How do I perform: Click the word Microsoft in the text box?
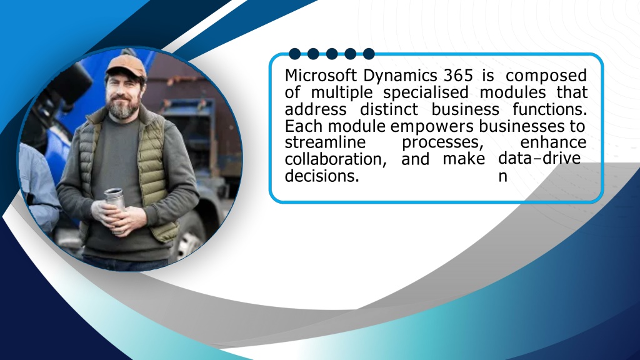321,76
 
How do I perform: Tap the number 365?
458,76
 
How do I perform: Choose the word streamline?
325,142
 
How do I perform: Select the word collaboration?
336,159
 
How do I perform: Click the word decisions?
322,176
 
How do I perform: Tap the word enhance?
553,142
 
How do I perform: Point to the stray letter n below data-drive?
502,177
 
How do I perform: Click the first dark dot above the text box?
295,54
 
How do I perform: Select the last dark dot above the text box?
369,54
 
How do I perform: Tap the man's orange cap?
126,66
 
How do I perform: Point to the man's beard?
123,107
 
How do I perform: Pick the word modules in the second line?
512,92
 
